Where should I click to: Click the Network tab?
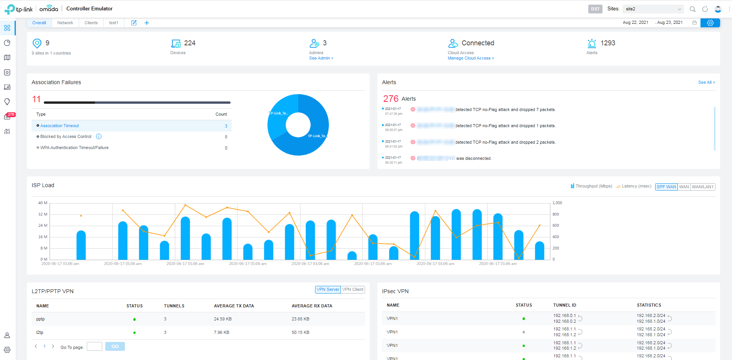tap(65, 23)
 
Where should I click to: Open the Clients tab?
tap(91, 23)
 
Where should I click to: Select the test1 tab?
tap(113, 23)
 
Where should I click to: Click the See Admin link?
tap(321, 58)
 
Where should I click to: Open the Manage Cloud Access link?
tap(470, 58)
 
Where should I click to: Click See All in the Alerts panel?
tap(706, 82)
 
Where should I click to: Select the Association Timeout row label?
tap(60, 126)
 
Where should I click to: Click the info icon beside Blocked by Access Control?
tap(99, 137)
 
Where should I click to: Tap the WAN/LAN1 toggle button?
tap(702, 187)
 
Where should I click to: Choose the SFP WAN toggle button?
tap(666, 187)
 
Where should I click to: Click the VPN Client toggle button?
tap(353, 290)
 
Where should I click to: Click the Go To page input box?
tap(95, 347)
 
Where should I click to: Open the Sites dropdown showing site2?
tap(653, 9)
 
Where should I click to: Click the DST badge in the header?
tap(595, 9)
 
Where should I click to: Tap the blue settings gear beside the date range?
tap(710, 23)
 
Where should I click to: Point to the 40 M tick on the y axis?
tap(43, 203)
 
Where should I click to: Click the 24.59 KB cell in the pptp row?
tap(223, 319)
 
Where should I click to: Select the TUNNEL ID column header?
tap(564, 305)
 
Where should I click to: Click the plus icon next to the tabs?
tap(147, 23)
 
